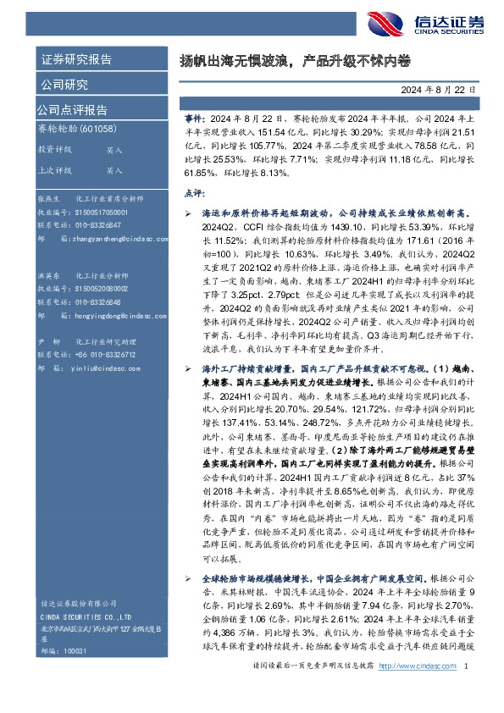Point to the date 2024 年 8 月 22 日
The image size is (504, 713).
click(439, 89)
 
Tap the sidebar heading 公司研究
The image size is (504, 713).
click(64, 85)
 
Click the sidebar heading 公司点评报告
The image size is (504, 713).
click(71, 109)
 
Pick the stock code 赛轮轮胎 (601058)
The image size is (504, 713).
click(77, 129)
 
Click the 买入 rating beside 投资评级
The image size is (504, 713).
click(114, 149)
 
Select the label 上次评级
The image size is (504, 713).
click(54, 170)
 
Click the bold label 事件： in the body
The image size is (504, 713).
click(194, 122)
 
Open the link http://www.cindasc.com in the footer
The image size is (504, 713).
click(415, 690)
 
